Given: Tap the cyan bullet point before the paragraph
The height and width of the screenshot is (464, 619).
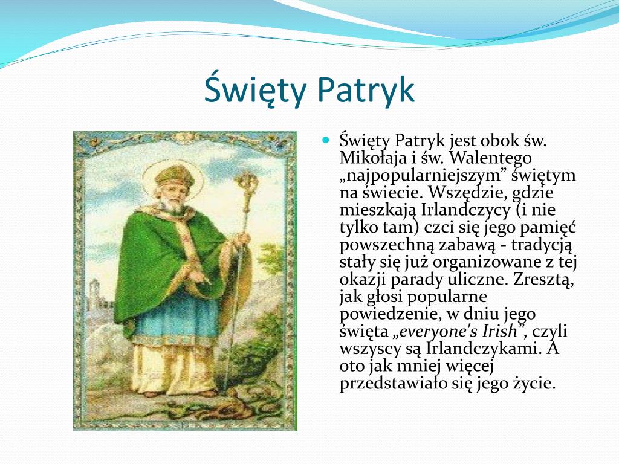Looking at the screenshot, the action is [x=326, y=140].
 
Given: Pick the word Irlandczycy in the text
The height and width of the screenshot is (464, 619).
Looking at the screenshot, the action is [x=466, y=210].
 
